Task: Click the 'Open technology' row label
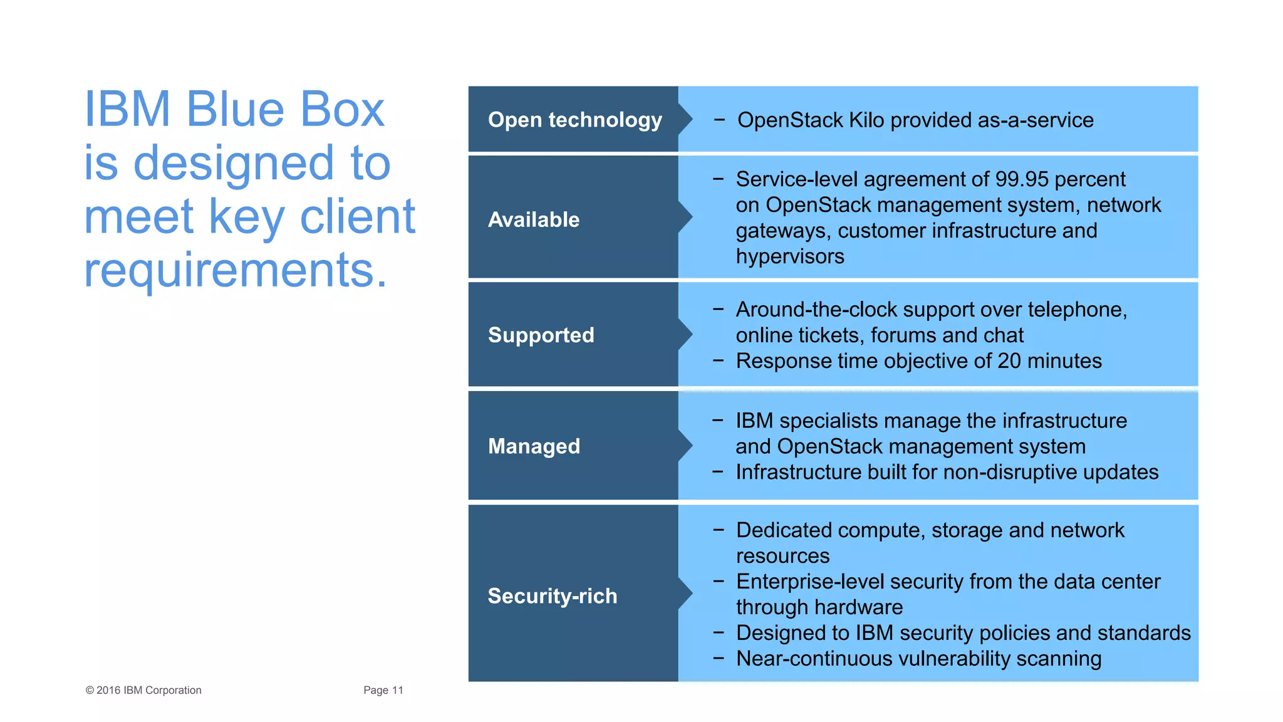pyautogui.click(x=574, y=120)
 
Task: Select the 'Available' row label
pyautogui.click(x=534, y=219)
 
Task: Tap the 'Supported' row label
pyautogui.click(x=541, y=335)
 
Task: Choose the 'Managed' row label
pyautogui.click(x=534, y=446)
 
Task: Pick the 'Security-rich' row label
pyautogui.click(x=552, y=595)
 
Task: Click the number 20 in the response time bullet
pyautogui.click(x=1009, y=361)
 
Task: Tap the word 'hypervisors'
pyautogui.click(x=789, y=256)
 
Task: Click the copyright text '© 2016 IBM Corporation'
pyautogui.click(x=143, y=690)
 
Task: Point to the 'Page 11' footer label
pyautogui.click(x=383, y=690)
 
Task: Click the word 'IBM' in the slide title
pyautogui.click(x=127, y=110)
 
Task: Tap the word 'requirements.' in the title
pyautogui.click(x=235, y=270)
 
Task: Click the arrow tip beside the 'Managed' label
pyautogui.click(x=687, y=446)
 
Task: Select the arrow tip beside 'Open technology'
pyautogui.click(x=687, y=119)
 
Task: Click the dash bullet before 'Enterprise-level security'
pyautogui.click(x=719, y=582)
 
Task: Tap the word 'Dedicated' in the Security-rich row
pyautogui.click(x=783, y=530)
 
